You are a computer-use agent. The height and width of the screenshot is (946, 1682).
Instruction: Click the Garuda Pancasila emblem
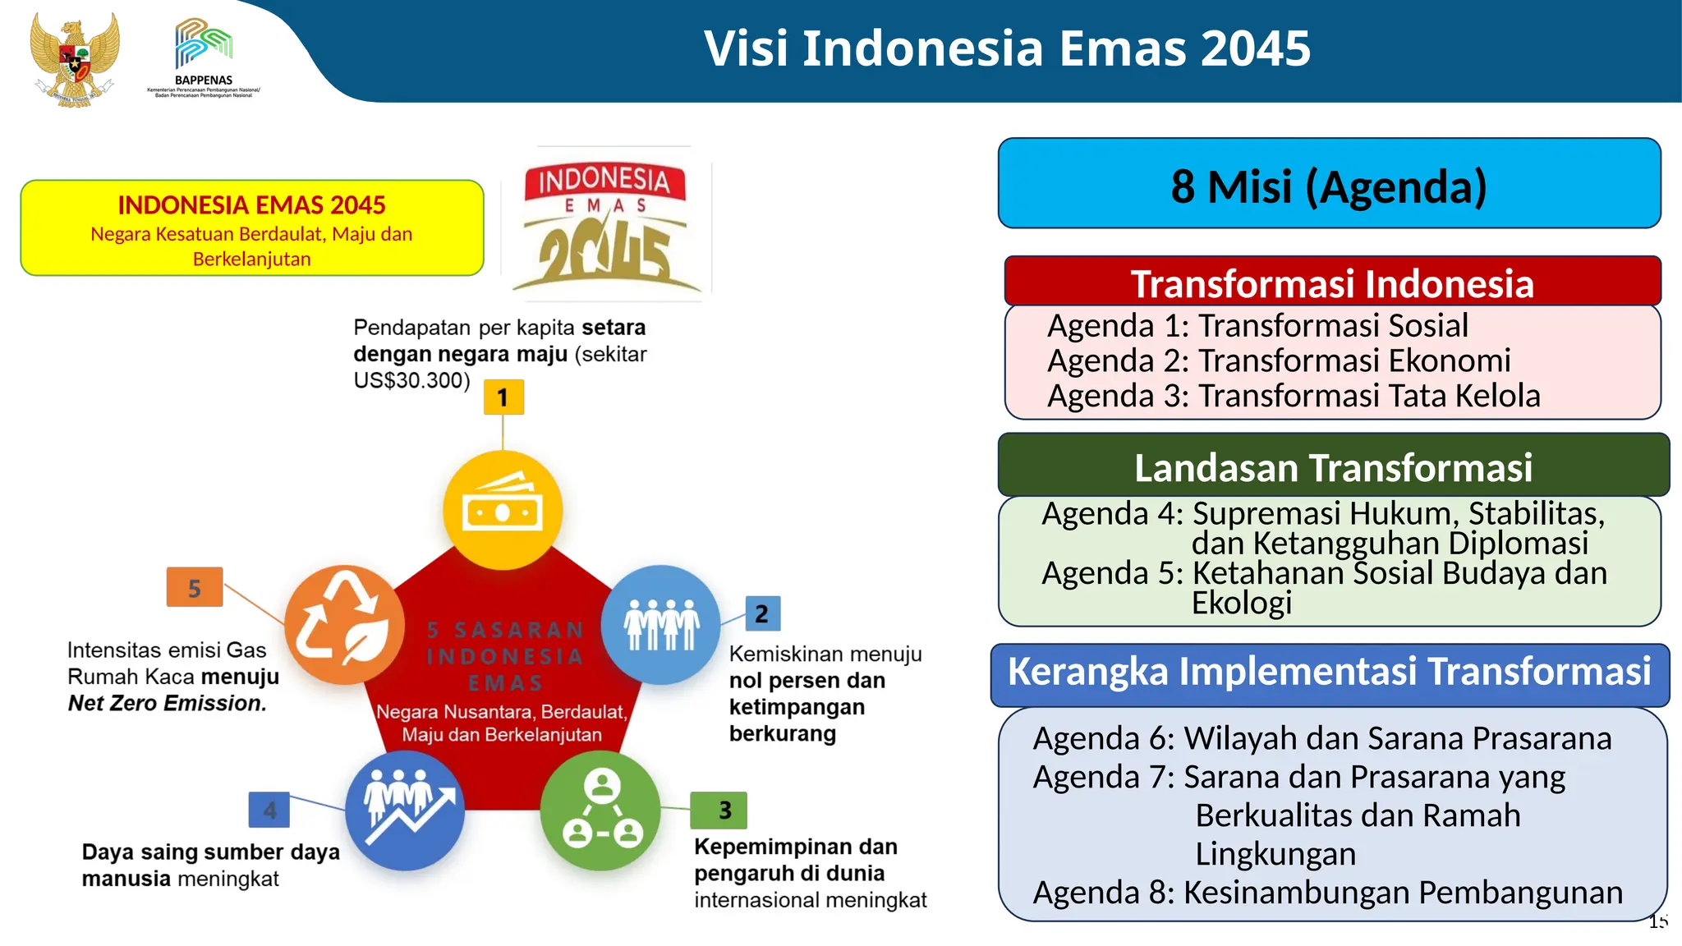(74, 59)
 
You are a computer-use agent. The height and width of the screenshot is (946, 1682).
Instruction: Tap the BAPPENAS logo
(204, 56)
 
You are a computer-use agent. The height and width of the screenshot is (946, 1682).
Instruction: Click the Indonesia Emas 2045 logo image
(608, 223)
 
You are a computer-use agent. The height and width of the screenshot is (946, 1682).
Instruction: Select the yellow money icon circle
(503, 510)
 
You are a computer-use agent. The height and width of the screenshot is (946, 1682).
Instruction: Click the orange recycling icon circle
(344, 624)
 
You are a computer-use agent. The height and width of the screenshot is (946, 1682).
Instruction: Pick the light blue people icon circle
(660, 624)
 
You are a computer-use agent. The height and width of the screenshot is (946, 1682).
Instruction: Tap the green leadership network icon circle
(601, 811)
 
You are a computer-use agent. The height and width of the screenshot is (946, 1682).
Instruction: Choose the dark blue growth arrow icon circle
(405, 811)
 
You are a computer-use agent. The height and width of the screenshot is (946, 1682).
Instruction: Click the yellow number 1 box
(503, 397)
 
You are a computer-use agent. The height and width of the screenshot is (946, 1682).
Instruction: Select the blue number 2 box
(762, 613)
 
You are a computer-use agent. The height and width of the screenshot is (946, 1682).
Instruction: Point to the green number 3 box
(719, 811)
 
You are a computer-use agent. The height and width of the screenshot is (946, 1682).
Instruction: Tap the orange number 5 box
(195, 587)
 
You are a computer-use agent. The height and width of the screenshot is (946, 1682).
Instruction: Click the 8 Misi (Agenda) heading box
(1329, 184)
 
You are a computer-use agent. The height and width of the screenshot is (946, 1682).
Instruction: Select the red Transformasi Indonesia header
(1332, 282)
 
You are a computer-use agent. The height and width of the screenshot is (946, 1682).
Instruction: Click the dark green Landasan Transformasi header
(1333, 466)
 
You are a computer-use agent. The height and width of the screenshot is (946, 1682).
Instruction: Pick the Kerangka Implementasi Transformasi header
(1329, 672)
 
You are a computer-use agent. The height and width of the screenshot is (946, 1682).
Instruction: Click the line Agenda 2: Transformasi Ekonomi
(1279, 360)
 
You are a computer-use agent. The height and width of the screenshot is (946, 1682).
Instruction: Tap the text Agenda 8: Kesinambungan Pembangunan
(1327, 892)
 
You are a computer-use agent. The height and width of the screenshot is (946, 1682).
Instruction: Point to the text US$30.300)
(411, 381)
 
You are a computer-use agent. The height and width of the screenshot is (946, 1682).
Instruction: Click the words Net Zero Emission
(167, 704)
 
